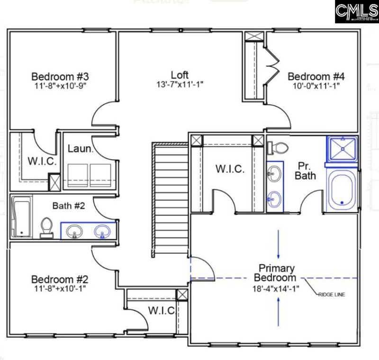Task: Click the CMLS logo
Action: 356,11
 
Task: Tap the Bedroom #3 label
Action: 60,76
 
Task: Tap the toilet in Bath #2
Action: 46,227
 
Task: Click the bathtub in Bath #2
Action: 21,217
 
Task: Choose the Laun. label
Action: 77,148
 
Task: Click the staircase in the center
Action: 166,199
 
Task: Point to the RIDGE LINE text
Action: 332,294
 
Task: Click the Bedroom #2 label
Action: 60,279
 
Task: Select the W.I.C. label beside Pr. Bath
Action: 230,169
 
